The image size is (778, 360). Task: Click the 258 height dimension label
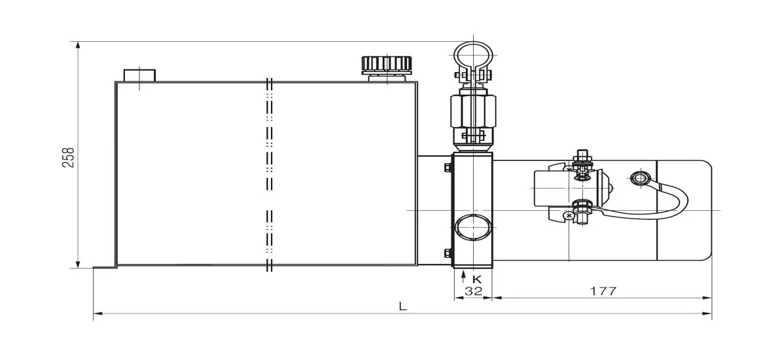pyautogui.click(x=69, y=157)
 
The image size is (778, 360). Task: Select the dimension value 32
pyautogui.click(x=472, y=291)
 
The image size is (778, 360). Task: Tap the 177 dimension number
pyautogui.click(x=603, y=291)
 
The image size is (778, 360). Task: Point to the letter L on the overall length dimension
pyautogui.click(x=402, y=306)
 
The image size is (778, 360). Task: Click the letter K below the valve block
pyautogui.click(x=477, y=278)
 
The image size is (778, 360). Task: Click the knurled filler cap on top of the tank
pyautogui.click(x=387, y=65)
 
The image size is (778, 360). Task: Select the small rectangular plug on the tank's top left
pyautogui.click(x=139, y=75)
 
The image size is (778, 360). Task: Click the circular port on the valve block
pyautogui.click(x=472, y=226)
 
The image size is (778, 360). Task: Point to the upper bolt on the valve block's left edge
pyautogui.click(x=448, y=168)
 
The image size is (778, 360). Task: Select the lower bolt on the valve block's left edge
pyautogui.click(x=448, y=253)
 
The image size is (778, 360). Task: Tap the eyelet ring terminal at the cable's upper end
pyautogui.click(x=639, y=178)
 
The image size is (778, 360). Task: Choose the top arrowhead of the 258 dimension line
pyautogui.click(x=78, y=46)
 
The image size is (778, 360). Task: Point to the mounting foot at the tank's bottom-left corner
pyautogui.click(x=105, y=266)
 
